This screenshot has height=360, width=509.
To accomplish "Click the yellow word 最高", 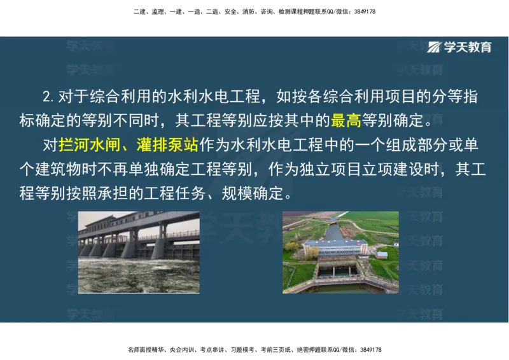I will (x=345, y=120).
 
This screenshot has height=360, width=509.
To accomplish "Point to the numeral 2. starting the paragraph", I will (x=48, y=97).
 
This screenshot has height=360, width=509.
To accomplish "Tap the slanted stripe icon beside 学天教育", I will (x=435, y=47).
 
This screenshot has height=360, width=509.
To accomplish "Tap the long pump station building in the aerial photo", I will (x=335, y=247).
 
